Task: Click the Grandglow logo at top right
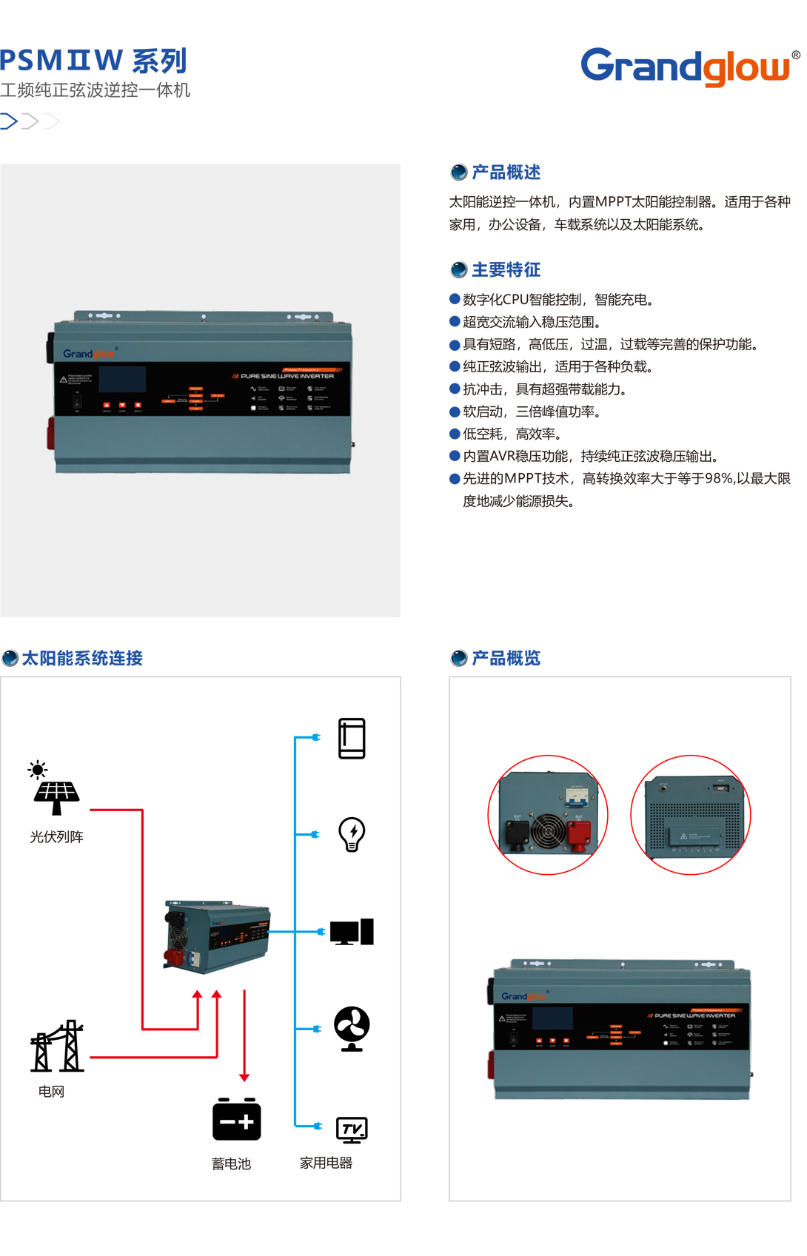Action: tap(686, 67)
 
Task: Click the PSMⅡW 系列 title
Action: tap(93, 61)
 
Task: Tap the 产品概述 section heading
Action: tap(506, 172)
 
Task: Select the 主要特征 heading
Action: tap(506, 270)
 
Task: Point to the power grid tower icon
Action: tap(57, 1047)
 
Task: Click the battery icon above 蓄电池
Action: tap(236, 1119)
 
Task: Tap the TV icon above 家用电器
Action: tap(352, 1129)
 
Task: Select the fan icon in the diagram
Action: tap(352, 1028)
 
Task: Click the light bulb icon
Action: tap(352, 834)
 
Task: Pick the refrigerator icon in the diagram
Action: tap(352, 739)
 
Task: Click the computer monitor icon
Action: tap(352, 933)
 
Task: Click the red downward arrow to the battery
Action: tap(244, 1036)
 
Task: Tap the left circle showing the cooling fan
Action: tap(548, 815)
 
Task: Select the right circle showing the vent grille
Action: tap(691, 815)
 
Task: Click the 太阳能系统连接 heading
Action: tap(81, 658)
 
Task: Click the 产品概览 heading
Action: tap(506, 658)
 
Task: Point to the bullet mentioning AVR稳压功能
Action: tap(590, 457)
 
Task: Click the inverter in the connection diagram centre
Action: tap(217, 936)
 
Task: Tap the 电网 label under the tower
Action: tap(52, 1092)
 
